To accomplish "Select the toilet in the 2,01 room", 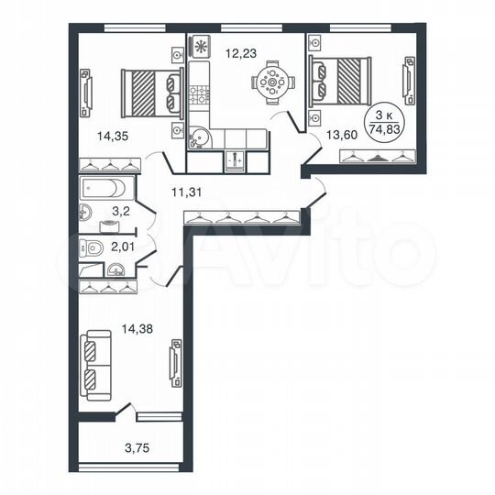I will point(90,247).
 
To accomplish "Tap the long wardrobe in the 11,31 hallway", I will point(242,217).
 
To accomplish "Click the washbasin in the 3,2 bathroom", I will point(86,214).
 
